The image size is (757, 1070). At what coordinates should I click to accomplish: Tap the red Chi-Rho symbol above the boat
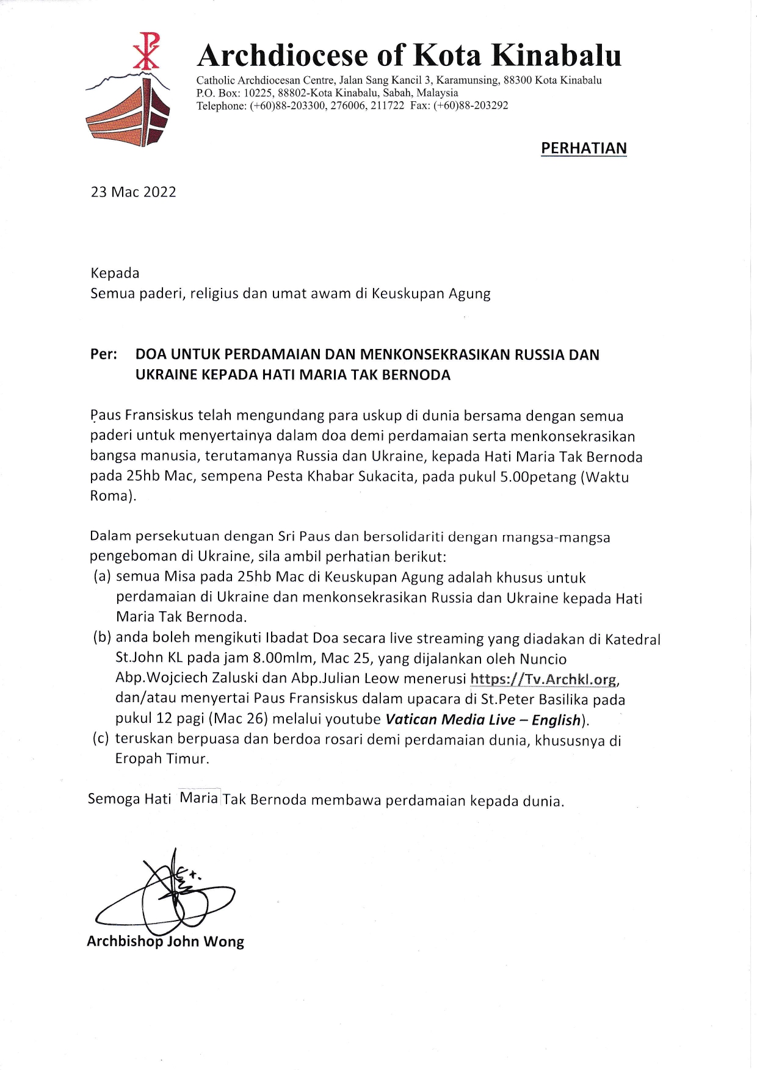(x=147, y=51)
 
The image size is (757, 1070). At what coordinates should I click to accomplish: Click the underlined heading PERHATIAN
(x=584, y=148)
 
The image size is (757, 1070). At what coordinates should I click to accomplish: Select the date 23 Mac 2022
(x=133, y=192)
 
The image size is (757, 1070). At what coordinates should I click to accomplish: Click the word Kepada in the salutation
(x=115, y=273)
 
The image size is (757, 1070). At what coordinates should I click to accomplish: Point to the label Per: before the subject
(x=103, y=354)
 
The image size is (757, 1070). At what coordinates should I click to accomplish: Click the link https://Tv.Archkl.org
(x=543, y=679)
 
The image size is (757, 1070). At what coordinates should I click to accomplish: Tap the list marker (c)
(x=101, y=739)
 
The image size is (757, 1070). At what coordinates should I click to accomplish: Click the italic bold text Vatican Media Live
(x=451, y=719)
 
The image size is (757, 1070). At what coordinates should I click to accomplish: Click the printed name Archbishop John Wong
(x=165, y=941)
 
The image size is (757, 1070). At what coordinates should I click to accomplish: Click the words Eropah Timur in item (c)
(x=162, y=759)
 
